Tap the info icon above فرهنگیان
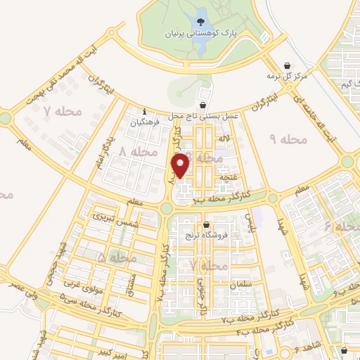click(144, 111)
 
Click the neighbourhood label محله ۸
click(137, 152)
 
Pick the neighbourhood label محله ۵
click(117, 259)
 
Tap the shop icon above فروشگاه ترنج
click(206, 225)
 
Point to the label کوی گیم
click(341, 84)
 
